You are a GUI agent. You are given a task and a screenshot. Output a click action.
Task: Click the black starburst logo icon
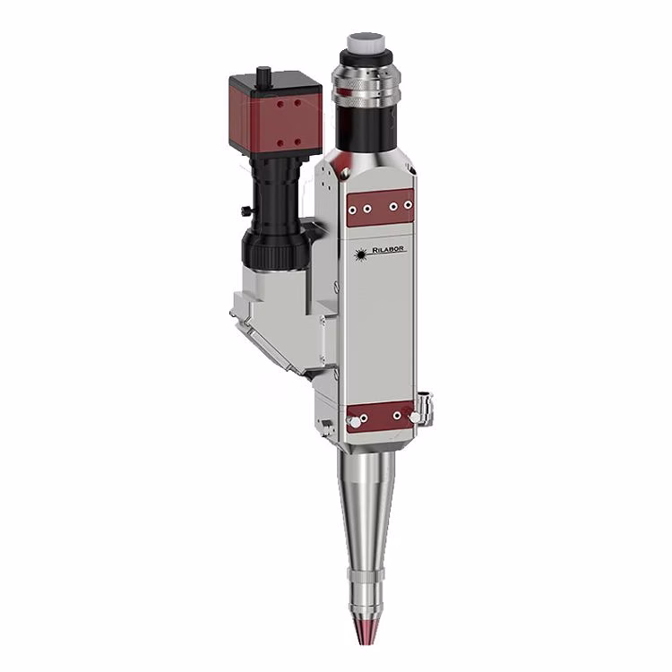361,255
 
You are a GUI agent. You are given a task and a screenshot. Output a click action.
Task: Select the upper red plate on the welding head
380,208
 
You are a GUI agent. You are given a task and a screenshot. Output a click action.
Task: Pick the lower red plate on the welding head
380,418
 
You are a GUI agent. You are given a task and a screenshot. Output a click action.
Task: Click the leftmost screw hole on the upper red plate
353,211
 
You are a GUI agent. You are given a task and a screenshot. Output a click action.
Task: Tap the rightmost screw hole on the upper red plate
408,205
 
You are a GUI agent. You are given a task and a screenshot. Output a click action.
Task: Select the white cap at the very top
366,41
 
